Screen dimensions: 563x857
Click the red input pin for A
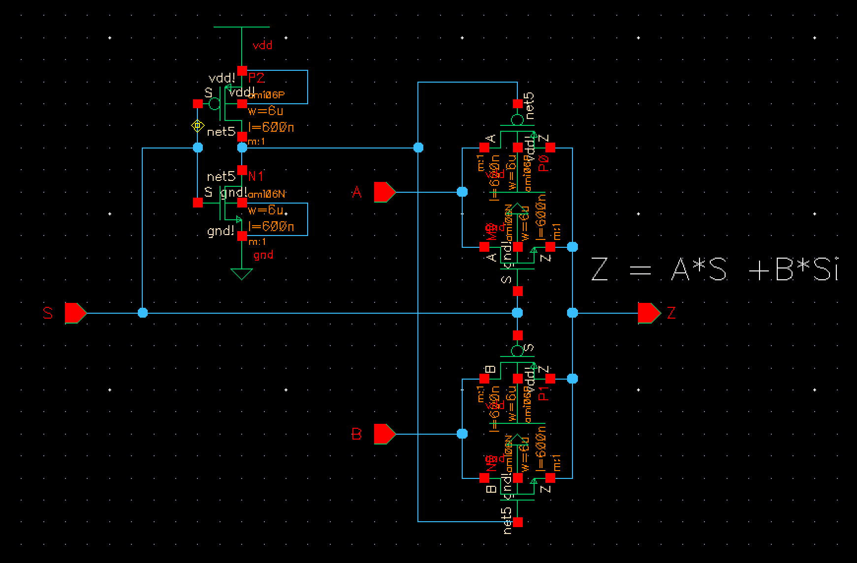(x=384, y=192)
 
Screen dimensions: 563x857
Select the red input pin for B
(x=384, y=434)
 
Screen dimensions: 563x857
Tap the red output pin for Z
(x=649, y=313)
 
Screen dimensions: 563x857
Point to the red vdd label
(x=262, y=46)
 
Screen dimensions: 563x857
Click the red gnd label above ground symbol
(x=263, y=255)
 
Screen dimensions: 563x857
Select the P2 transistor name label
(x=256, y=78)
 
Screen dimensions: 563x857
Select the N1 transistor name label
(x=256, y=176)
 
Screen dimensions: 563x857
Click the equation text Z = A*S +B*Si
(x=714, y=270)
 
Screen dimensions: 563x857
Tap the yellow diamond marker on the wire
(x=197, y=126)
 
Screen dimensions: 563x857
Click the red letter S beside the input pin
(x=48, y=313)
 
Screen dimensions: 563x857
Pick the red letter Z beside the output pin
(x=671, y=313)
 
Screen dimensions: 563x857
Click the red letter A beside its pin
(x=357, y=192)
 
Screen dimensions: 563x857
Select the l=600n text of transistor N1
(x=271, y=227)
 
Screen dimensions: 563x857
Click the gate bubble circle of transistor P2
(x=214, y=104)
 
